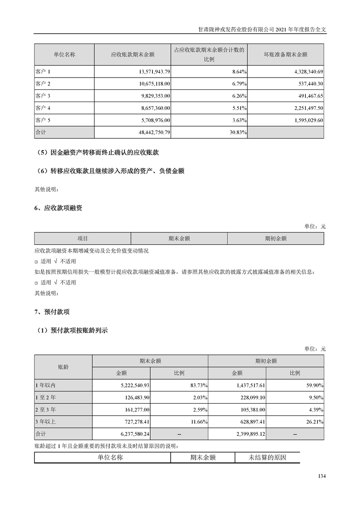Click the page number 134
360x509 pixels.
[x=322, y=476]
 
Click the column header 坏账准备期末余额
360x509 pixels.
[x=286, y=54]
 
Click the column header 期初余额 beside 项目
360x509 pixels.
[x=276, y=238]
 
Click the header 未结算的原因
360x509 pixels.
[x=267, y=457]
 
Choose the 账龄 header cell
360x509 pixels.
[x=63, y=367]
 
